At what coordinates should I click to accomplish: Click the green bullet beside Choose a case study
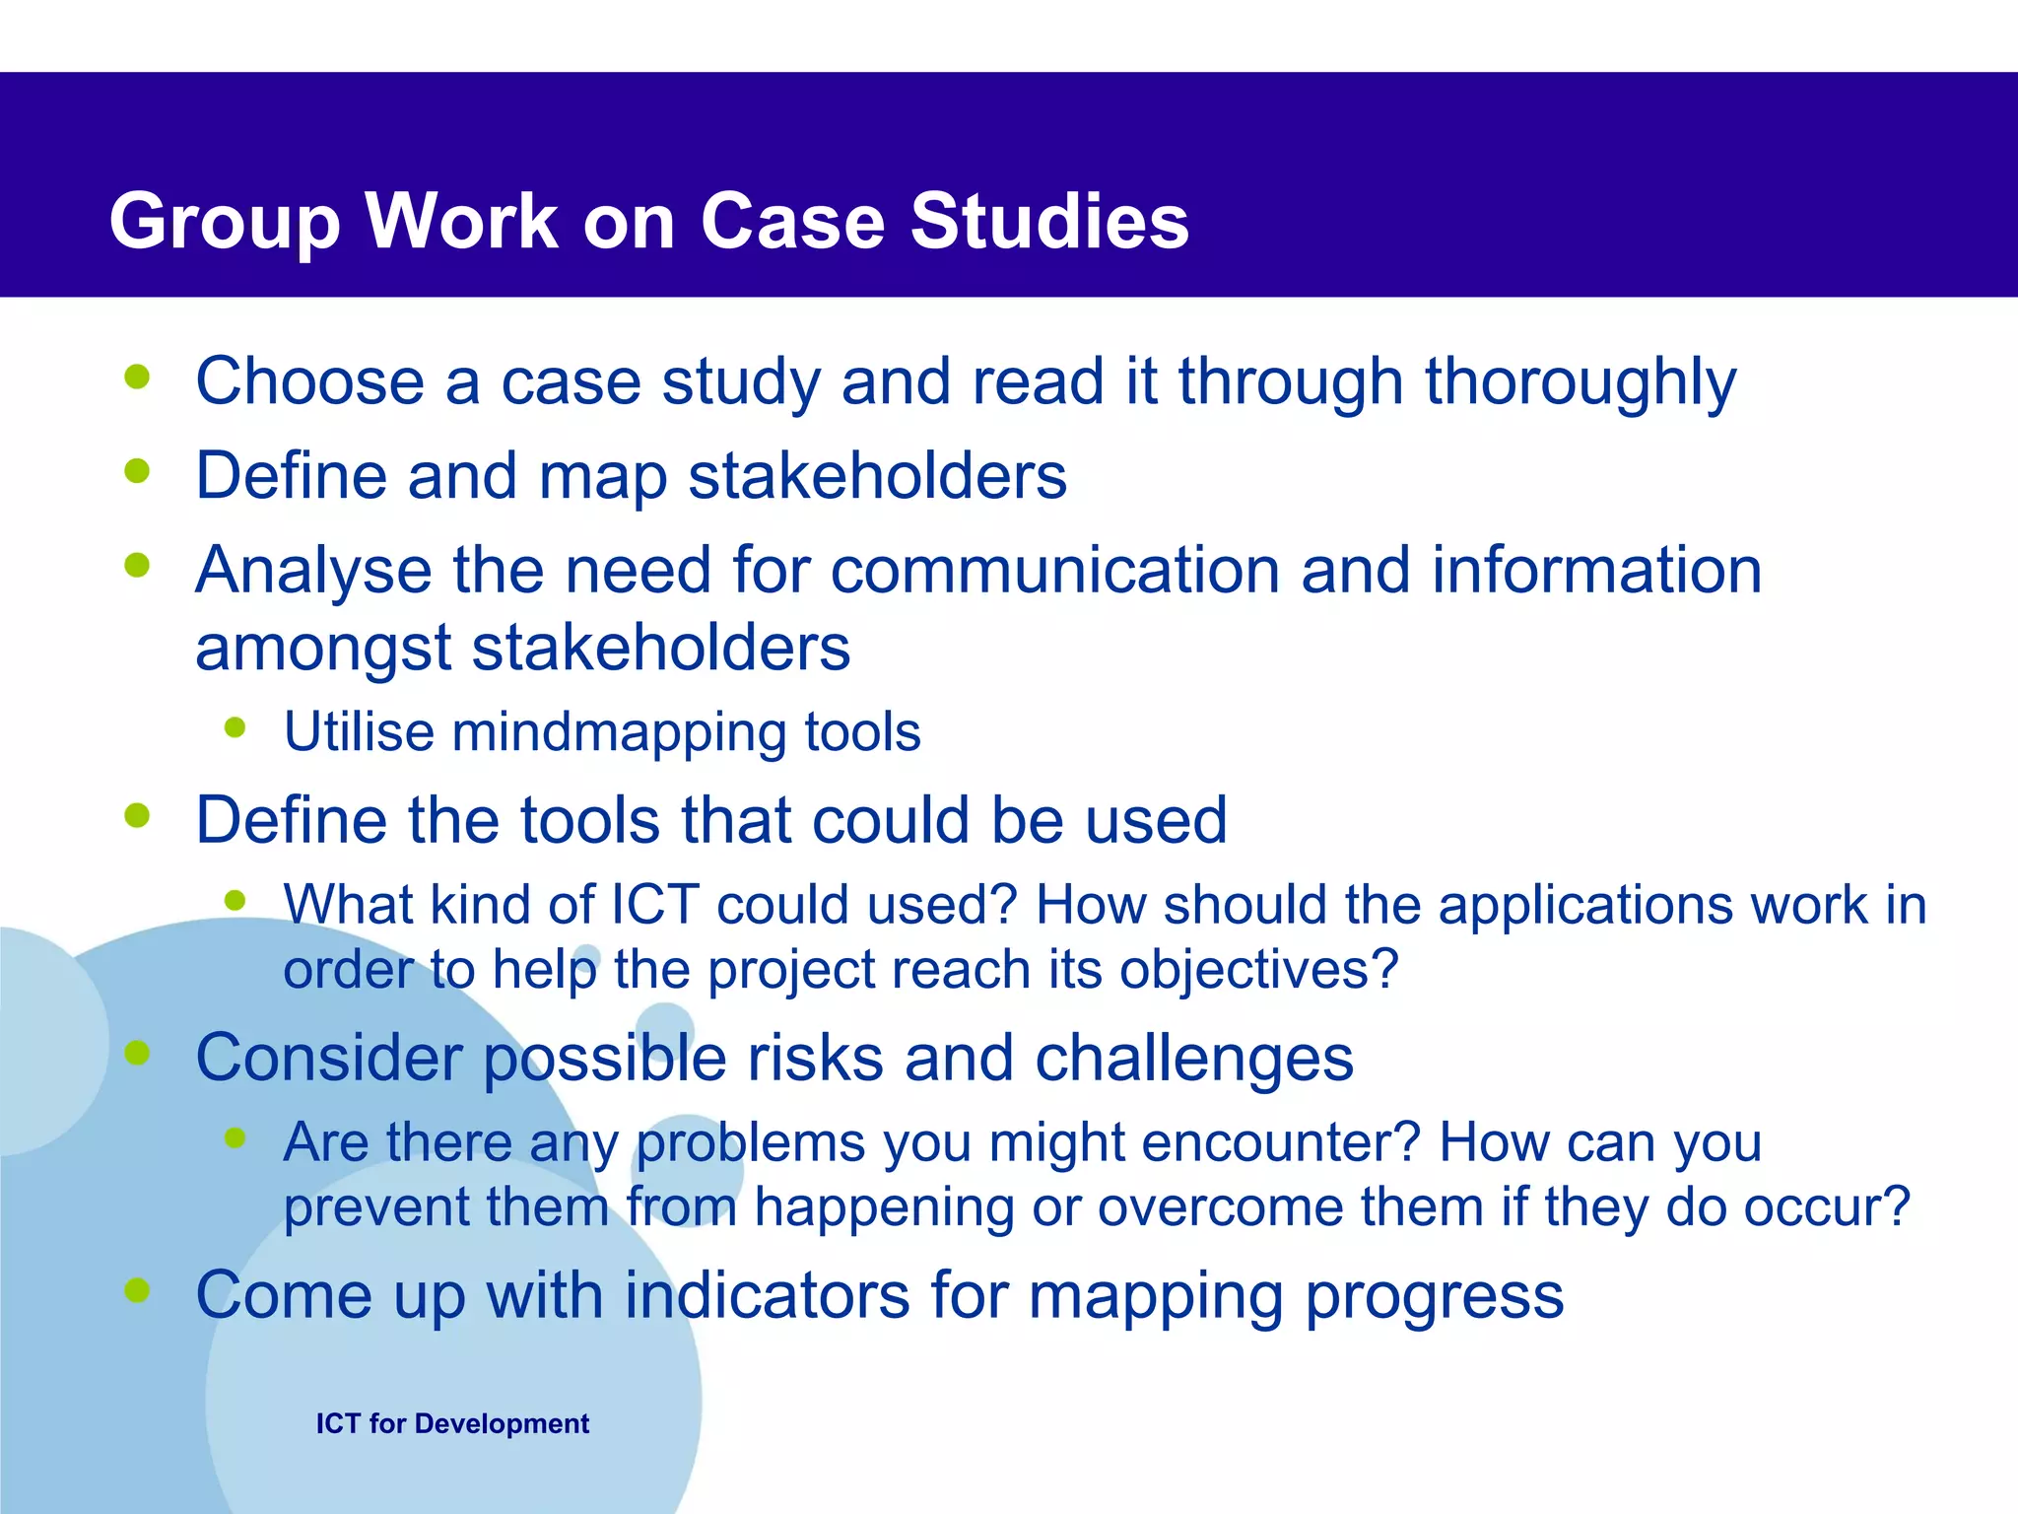(137, 377)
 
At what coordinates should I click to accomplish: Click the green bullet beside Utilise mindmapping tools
(235, 727)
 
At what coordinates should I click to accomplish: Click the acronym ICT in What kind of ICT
(655, 905)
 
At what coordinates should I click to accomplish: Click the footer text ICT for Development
(452, 1423)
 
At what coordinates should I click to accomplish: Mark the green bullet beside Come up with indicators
(137, 1289)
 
